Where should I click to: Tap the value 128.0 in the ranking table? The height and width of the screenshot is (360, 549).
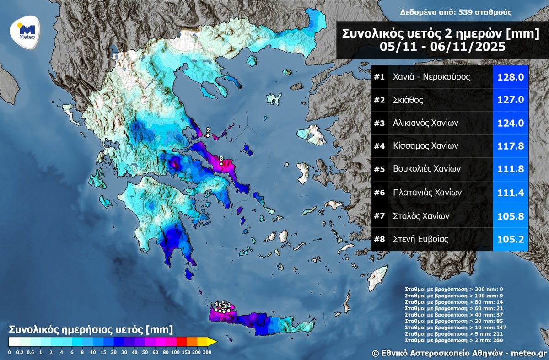pyautogui.click(x=511, y=77)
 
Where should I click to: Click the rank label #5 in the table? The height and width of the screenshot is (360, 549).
pyautogui.click(x=379, y=169)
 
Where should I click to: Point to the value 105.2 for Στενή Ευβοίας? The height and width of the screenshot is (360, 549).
pyautogui.click(x=511, y=239)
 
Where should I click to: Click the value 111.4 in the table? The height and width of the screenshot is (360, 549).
pyautogui.click(x=511, y=193)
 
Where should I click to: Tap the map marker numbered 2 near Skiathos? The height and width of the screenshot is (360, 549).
pyautogui.click(x=208, y=135)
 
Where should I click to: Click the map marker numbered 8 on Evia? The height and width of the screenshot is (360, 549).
pyautogui.click(x=221, y=163)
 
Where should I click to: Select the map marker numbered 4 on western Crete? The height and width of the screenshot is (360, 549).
pyautogui.click(x=216, y=310)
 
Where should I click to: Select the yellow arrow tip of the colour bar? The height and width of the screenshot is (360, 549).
pyautogui.click(x=213, y=341)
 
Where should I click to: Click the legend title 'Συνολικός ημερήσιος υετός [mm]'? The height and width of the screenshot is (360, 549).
pyautogui.click(x=91, y=329)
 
